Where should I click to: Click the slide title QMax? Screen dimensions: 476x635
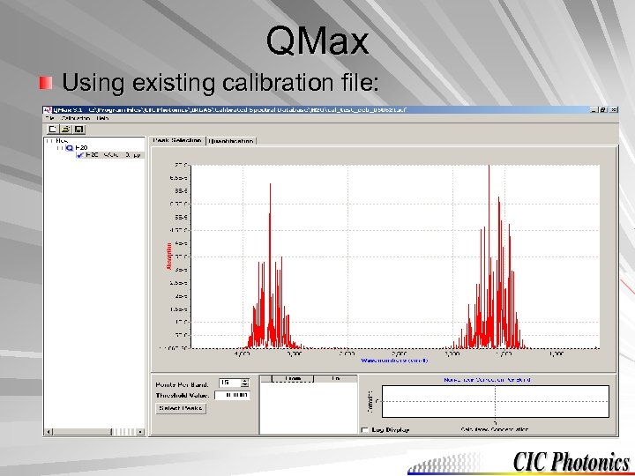pos(317,41)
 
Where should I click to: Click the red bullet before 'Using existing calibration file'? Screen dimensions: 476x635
pos(45,84)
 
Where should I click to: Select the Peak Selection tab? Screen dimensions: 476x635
pos(177,140)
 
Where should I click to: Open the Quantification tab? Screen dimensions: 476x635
pos(231,140)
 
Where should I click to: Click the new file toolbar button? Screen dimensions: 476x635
pos(52,128)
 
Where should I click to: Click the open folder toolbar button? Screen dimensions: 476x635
pos(65,128)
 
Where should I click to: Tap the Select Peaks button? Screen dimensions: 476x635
pos(181,408)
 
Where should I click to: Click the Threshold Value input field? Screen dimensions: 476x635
pos(231,395)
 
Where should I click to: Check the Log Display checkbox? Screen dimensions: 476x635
pos(365,429)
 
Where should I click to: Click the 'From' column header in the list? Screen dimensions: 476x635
pos(293,378)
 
